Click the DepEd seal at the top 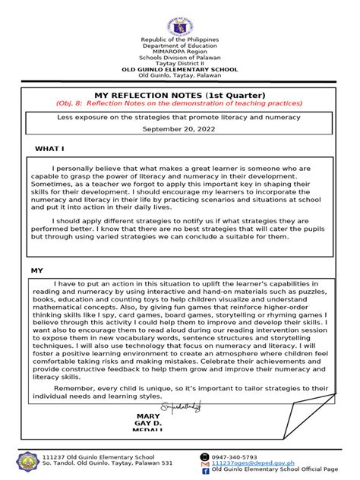180,17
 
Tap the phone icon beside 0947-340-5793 204,456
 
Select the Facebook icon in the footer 204,471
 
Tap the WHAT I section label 50,148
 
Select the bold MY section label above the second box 36,270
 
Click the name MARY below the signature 149,416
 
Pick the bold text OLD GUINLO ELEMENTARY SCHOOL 179,70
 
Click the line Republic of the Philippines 179,39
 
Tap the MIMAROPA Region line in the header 179,52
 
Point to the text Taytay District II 179,64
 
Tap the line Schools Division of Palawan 179,58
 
